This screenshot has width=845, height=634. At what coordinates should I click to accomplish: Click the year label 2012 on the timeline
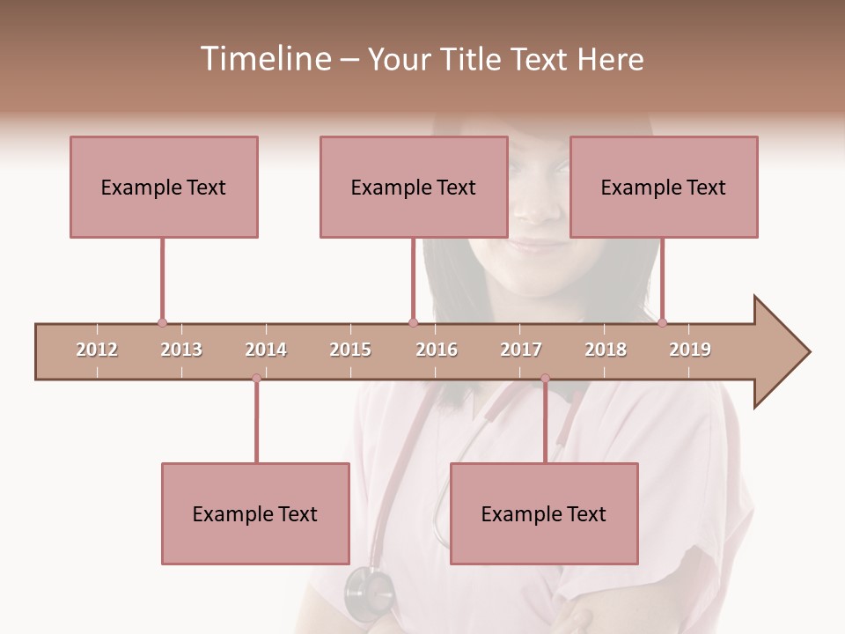pyautogui.click(x=97, y=350)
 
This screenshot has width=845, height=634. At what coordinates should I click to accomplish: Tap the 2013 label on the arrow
pyautogui.click(x=181, y=350)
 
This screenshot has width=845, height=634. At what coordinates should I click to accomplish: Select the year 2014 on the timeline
pyautogui.click(x=266, y=350)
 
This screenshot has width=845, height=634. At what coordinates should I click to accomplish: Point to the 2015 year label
pyautogui.click(x=350, y=350)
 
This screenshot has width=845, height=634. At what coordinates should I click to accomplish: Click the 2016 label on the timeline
pyautogui.click(x=437, y=350)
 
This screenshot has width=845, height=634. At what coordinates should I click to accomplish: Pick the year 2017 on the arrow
pyautogui.click(x=521, y=350)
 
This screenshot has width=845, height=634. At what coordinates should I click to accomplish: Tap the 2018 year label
pyautogui.click(x=606, y=350)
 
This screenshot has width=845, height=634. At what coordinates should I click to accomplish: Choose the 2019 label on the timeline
pyautogui.click(x=690, y=350)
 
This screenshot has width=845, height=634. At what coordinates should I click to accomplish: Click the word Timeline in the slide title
pyautogui.click(x=264, y=59)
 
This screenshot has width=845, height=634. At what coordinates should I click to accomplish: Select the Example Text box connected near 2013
pyautogui.click(x=164, y=187)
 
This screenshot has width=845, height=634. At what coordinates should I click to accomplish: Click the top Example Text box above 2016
pyautogui.click(x=414, y=187)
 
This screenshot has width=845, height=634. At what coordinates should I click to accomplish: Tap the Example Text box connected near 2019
pyautogui.click(x=664, y=187)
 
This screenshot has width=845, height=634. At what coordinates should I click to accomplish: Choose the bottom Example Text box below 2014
pyautogui.click(x=255, y=513)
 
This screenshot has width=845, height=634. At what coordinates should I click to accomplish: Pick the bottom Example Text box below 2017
pyautogui.click(x=544, y=513)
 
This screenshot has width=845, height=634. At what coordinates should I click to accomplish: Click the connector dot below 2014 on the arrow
pyautogui.click(x=256, y=379)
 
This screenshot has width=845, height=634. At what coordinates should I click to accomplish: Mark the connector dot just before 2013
pyautogui.click(x=162, y=322)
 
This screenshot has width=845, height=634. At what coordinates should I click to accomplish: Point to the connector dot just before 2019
pyautogui.click(x=662, y=322)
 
